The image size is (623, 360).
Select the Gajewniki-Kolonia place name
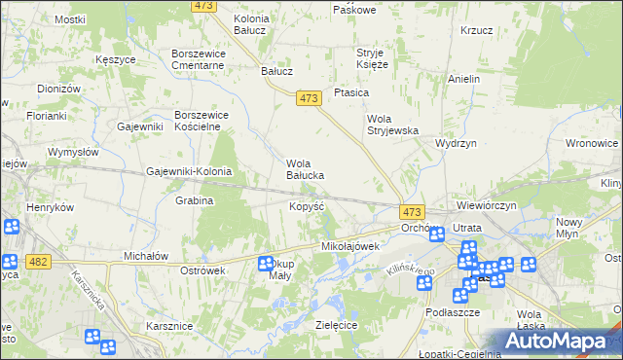pyautogui.click(x=189, y=171)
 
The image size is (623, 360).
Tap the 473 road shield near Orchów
pyautogui.click(x=412, y=211)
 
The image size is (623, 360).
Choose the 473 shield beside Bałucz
pyautogui.click(x=310, y=97)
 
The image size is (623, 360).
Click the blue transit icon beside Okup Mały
pyautogui.click(x=265, y=263)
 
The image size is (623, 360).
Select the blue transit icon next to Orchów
pyautogui.click(x=437, y=234)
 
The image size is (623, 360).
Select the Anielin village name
pyautogui.click(x=464, y=78)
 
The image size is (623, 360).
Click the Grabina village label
pyautogui.click(x=194, y=200)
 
